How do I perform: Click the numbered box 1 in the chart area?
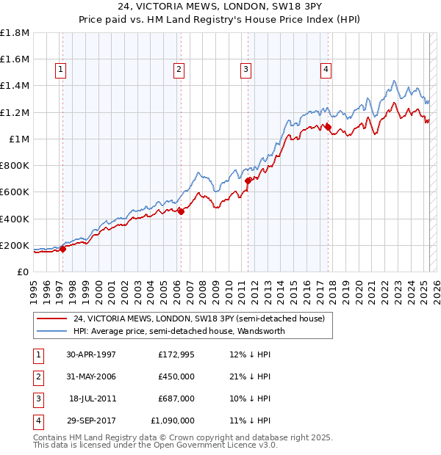coord(60,70)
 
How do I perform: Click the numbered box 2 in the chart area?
coord(179,70)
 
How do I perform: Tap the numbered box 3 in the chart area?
coord(245,70)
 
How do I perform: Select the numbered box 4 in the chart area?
coord(325,70)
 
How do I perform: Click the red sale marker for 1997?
coord(62,249)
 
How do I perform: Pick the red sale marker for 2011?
coord(248,180)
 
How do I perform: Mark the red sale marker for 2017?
coord(329,127)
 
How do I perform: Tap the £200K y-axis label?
coord(15,245)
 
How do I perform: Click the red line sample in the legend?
coord(52,318)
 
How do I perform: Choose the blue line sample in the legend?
coord(52,331)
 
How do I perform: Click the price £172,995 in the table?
coord(176,354)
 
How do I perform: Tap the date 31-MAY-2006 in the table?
coord(90,376)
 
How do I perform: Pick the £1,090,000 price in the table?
coord(173,421)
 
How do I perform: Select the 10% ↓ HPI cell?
coord(250,398)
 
